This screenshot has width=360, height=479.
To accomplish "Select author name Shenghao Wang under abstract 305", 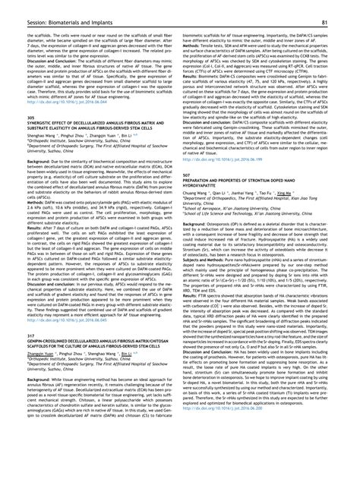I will point(44,134).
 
